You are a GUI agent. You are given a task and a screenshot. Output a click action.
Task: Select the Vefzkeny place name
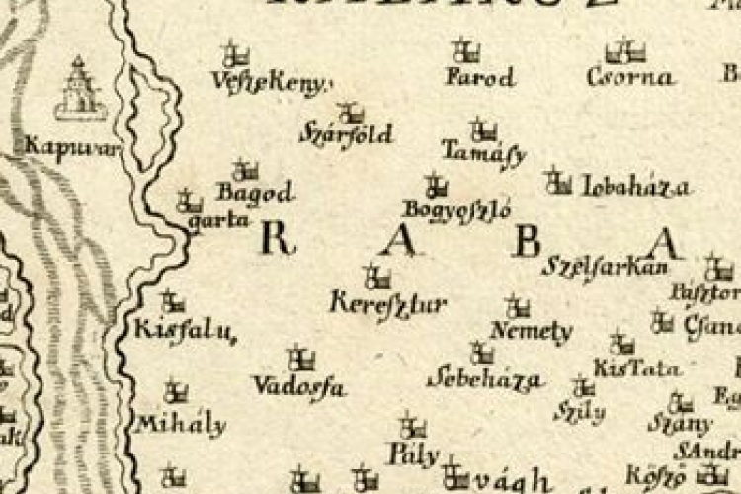click(x=269, y=84)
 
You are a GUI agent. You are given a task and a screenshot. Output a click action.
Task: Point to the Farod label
click(x=480, y=77)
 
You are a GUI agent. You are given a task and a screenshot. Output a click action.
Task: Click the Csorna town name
click(x=630, y=77)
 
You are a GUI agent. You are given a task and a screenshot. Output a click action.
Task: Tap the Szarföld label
click(x=346, y=134)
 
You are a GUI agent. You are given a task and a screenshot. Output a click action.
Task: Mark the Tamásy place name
click(x=483, y=154)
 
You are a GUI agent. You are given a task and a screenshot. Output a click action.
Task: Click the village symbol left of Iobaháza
click(x=558, y=182)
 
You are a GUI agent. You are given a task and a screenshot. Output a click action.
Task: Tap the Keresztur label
click(x=387, y=303)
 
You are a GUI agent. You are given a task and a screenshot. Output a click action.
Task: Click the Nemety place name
click(x=531, y=332)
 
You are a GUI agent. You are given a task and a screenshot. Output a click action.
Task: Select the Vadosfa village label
click(x=298, y=386)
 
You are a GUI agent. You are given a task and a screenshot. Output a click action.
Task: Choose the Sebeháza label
click(x=484, y=379)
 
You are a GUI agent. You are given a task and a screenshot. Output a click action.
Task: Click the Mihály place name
click(x=181, y=426)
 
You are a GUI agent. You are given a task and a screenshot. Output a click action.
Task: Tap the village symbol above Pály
click(x=413, y=428)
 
